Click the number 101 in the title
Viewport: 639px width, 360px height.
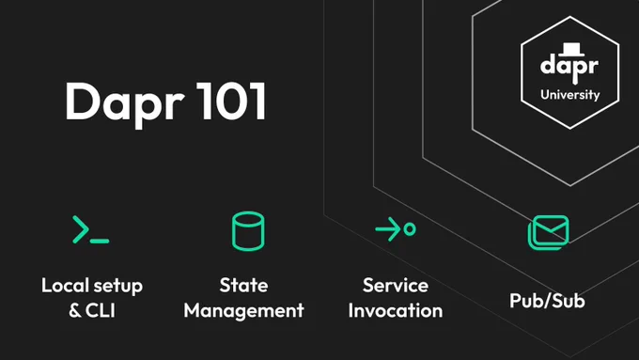point(231,101)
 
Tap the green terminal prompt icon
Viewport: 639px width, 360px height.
point(90,229)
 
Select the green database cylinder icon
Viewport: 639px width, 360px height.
point(248,231)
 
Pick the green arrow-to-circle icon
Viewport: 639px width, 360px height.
point(396,229)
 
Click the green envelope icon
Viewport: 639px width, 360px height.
point(548,232)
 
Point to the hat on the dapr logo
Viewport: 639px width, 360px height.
point(571,49)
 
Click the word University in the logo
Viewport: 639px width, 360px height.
point(569,95)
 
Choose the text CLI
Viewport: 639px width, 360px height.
point(101,311)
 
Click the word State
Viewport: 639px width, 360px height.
point(243,286)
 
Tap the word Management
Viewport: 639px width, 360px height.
point(243,311)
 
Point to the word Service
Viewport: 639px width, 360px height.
point(396,286)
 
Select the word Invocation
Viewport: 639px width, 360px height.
point(396,311)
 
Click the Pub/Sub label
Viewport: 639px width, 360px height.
point(547,301)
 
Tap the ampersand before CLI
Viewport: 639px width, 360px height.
point(75,311)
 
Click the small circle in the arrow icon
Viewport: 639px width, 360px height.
point(410,229)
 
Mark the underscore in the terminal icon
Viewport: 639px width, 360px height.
point(100,242)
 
